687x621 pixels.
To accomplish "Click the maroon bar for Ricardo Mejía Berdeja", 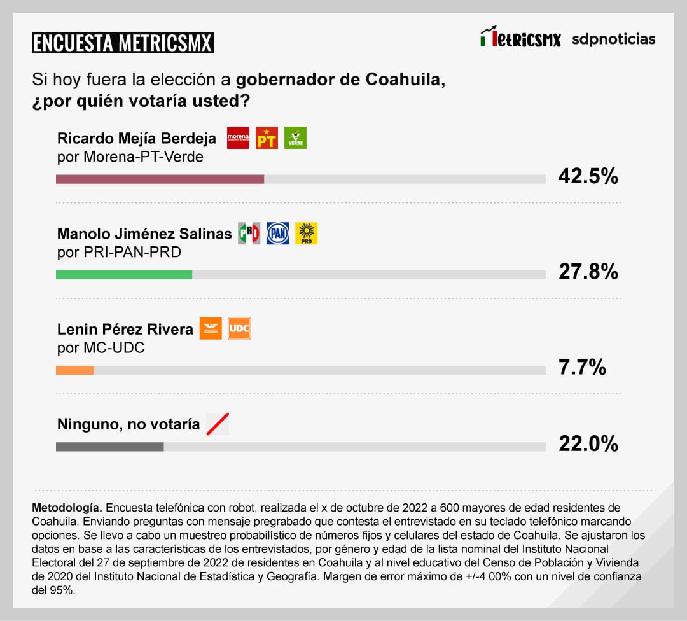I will click(160, 179).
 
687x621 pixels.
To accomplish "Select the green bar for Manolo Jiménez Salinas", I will click(124, 274).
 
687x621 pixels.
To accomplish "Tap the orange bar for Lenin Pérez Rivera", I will click(75, 370).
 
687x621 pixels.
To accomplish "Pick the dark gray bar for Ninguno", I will click(109, 447).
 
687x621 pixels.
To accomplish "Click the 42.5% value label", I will click(588, 176).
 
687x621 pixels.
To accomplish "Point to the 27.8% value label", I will click(588, 272).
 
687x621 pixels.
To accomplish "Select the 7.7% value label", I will click(582, 367).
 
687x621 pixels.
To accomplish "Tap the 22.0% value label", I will click(588, 443).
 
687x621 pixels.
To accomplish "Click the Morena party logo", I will click(238, 137).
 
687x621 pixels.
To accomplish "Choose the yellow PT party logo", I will click(267, 137).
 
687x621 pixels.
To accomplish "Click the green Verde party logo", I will click(295, 137).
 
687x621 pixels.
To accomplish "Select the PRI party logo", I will click(249, 234).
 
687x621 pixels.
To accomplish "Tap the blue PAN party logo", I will click(277, 234).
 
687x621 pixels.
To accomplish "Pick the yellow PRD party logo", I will click(306, 234).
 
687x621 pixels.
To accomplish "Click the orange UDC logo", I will click(239, 328).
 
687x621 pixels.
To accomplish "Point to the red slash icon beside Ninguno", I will click(218, 424).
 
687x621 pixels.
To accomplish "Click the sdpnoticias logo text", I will click(613, 39).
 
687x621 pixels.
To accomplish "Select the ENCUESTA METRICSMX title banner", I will click(122, 43).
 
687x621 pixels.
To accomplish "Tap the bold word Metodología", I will click(67, 508).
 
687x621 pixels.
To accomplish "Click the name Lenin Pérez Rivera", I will click(125, 329).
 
